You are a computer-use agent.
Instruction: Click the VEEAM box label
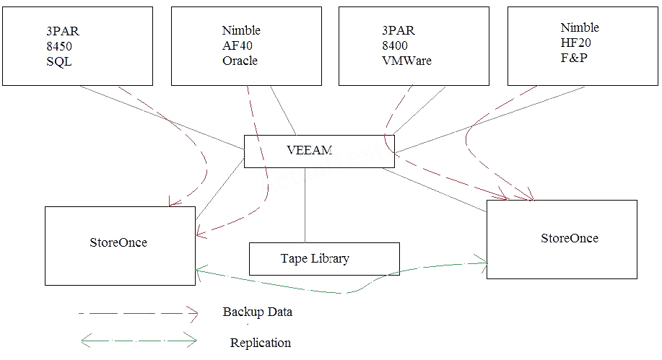click(310, 150)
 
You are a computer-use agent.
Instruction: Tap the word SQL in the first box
click(58, 61)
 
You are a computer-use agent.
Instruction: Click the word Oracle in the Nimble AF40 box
click(240, 61)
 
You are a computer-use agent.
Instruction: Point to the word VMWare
click(406, 61)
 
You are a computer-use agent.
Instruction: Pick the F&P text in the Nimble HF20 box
click(575, 58)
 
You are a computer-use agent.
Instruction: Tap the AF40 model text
click(237, 45)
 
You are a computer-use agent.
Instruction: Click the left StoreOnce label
click(118, 242)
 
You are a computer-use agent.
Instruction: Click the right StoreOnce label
click(569, 238)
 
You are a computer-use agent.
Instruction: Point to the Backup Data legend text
click(258, 312)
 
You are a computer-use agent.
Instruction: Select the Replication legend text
click(260, 343)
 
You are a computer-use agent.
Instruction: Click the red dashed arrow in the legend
click(137, 313)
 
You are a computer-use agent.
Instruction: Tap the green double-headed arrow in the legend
click(137, 339)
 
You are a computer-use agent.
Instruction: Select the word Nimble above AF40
click(241, 30)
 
